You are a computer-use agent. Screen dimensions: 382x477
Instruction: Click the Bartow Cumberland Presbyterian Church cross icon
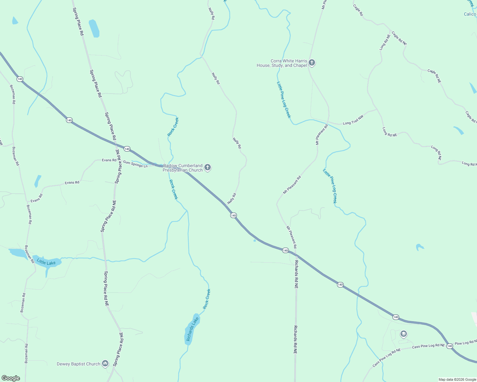point(208,167)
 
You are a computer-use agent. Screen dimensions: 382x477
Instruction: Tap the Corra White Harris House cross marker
point(312,63)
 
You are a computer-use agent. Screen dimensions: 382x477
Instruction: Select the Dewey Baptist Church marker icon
point(105,364)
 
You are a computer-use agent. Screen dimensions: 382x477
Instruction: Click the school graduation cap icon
point(403,334)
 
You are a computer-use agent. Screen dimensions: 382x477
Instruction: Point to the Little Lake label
point(46,262)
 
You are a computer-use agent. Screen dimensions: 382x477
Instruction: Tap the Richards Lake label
point(192,329)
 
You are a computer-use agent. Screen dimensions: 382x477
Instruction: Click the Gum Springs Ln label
point(135,164)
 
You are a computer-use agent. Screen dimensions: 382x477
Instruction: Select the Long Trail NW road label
point(353,120)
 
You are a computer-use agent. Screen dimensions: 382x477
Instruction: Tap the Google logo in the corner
point(11,378)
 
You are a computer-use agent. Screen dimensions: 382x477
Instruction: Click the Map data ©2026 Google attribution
point(457,379)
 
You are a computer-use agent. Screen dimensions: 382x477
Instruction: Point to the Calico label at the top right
point(470,14)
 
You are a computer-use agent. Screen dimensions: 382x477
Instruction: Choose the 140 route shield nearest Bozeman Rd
point(20,79)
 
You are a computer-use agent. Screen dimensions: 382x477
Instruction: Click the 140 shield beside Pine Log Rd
point(450,346)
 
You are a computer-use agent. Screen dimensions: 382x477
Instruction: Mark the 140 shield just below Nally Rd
point(233,216)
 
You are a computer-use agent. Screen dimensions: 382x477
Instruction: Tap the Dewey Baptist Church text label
point(78,364)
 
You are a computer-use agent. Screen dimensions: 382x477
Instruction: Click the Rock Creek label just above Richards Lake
point(207,299)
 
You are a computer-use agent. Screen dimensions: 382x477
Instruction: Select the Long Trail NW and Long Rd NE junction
point(377,109)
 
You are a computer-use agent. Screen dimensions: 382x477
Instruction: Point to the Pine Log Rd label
point(465,343)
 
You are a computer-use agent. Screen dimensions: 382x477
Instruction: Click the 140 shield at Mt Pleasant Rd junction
point(285,251)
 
